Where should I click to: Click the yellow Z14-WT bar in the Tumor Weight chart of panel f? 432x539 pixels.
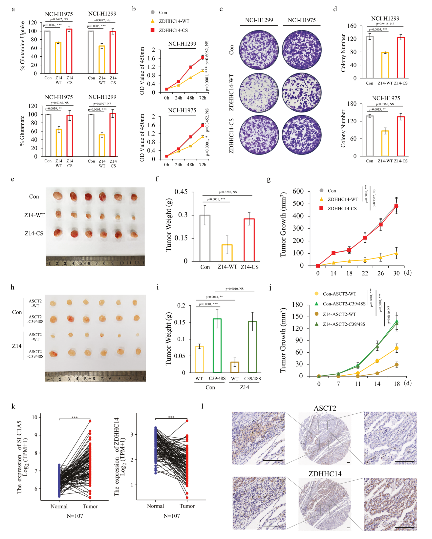coord(227,253)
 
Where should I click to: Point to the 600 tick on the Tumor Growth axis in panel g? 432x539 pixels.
coord(298,191)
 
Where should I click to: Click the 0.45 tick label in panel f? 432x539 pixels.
coord(181,192)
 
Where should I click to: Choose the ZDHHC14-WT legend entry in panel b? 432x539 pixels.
coord(174,21)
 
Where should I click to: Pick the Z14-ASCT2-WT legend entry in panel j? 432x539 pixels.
coord(339,314)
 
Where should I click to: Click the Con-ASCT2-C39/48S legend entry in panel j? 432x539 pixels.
coord(344,304)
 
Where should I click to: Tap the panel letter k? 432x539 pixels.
coord(13,406)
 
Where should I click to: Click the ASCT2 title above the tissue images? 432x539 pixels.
coord(325,408)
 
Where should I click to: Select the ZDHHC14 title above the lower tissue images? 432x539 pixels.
coord(325,474)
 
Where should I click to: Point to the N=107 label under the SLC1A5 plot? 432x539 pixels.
coord(75,516)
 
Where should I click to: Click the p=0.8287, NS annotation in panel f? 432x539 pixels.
coord(227,192)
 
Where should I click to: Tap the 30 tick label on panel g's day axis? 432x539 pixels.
coord(396,273)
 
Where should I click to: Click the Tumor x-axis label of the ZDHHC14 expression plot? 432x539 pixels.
coord(187,506)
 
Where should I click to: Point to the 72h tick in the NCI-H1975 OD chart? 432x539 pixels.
coord(203,165)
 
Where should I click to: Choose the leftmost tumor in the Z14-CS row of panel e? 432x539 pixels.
coord(58,233)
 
